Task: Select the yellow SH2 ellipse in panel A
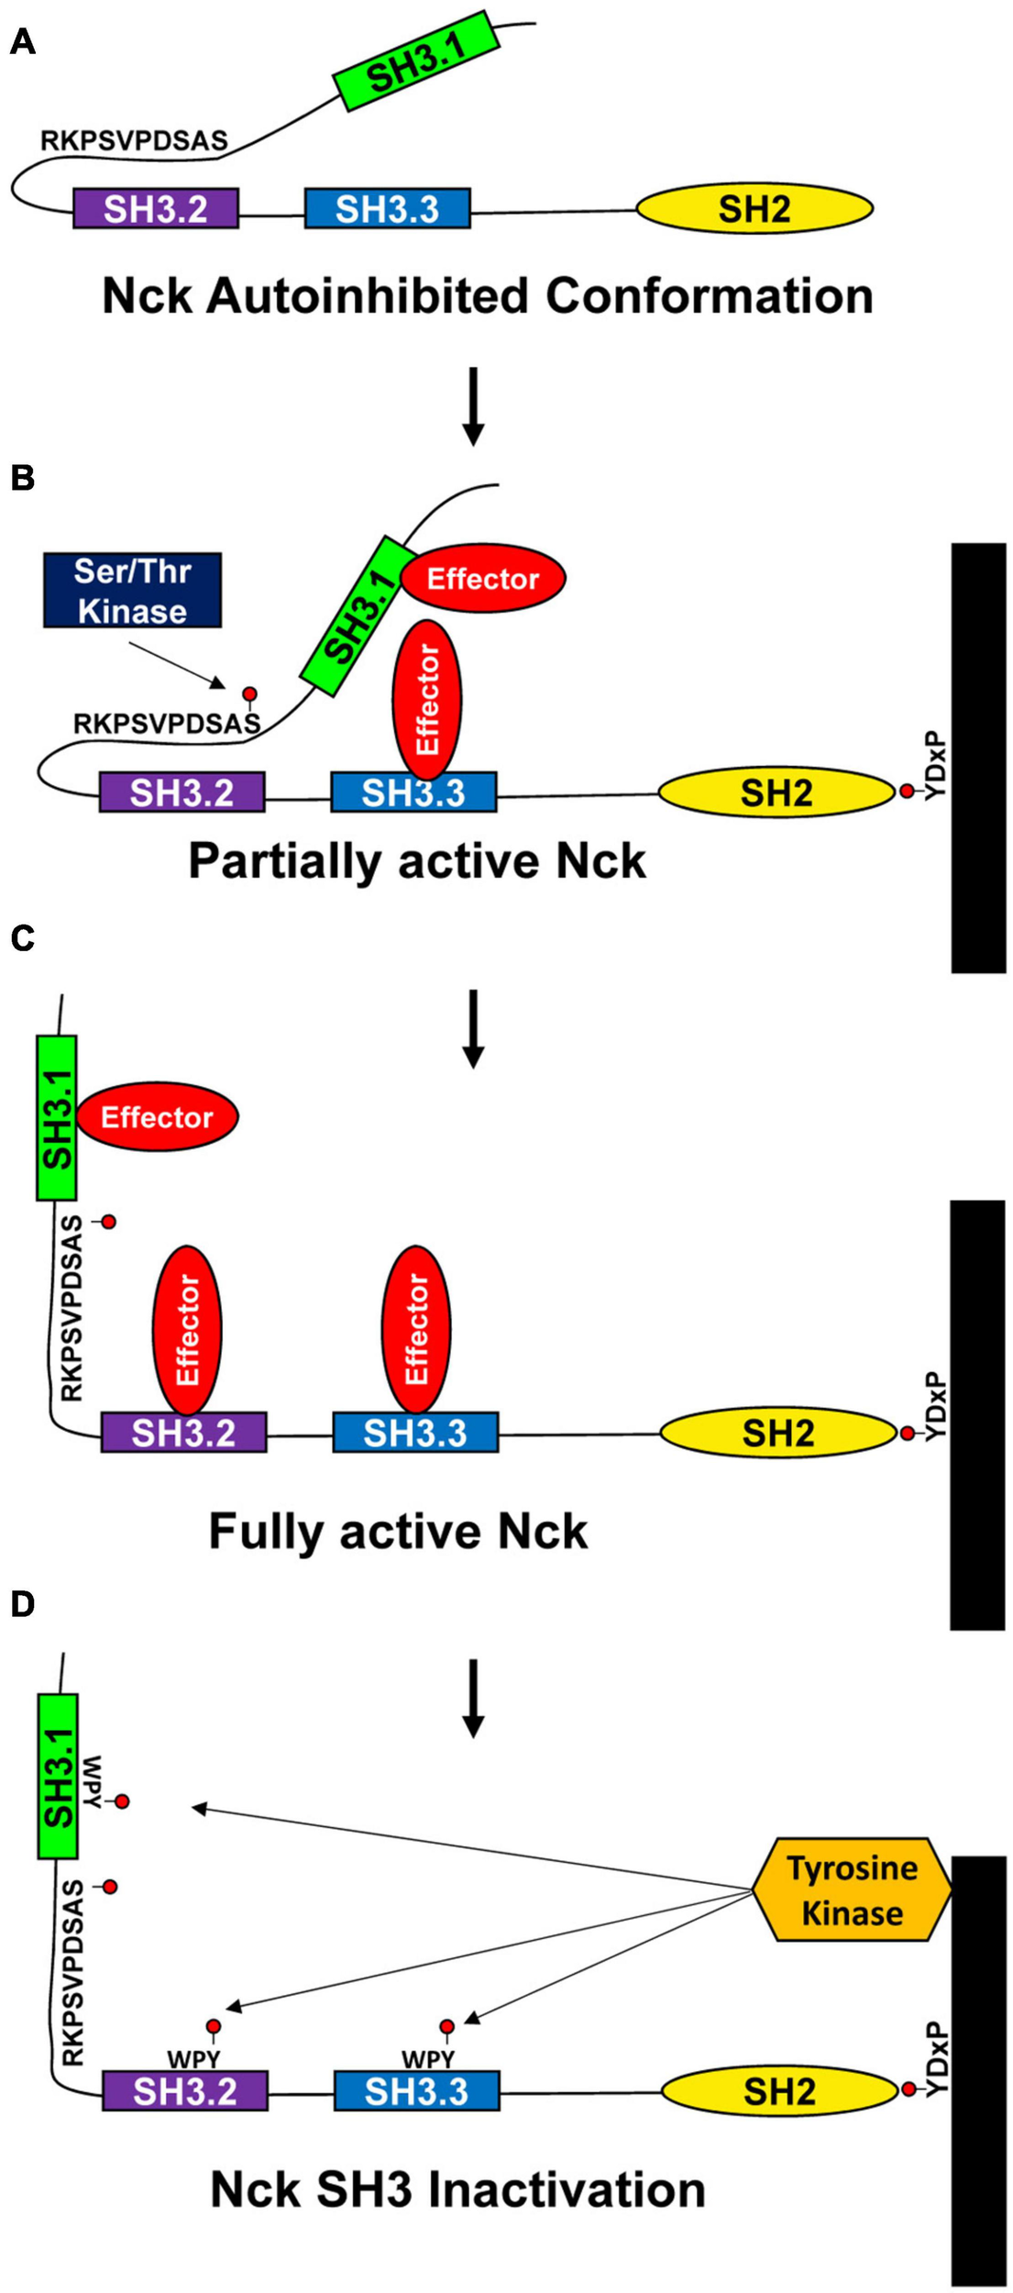pyautogui.click(x=754, y=209)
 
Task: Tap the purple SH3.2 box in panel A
pyautogui.click(x=156, y=209)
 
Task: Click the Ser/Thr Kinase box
pyautogui.click(x=132, y=591)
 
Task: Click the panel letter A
pyautogui.click(x=23, y=42)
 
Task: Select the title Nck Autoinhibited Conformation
pyautogui.click(x=487, y=296)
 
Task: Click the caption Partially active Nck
pyautogui.click(x=417, y=861)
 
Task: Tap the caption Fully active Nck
pyautogui.click(x=398, y=1531)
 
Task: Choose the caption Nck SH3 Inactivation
pyautogui.click(x=457, y=2189)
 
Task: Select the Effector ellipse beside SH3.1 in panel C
pyautogui.click(x=157, y=1116)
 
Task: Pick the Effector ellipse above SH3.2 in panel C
pyautogui.click(x=186, y=1329)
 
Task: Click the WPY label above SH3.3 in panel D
pyautogui.click(x=427, y=2060)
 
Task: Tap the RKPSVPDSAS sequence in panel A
pyautogui.click(x=134, y=140)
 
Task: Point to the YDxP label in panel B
pyautogui.click(x=933, y=765)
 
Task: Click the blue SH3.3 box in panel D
pyautogui.click(x=416, y=2091)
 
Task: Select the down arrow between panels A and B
pyautogui.click(x=473, y=406)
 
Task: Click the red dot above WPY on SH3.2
pyautogui.click(x=214, y=2026)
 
